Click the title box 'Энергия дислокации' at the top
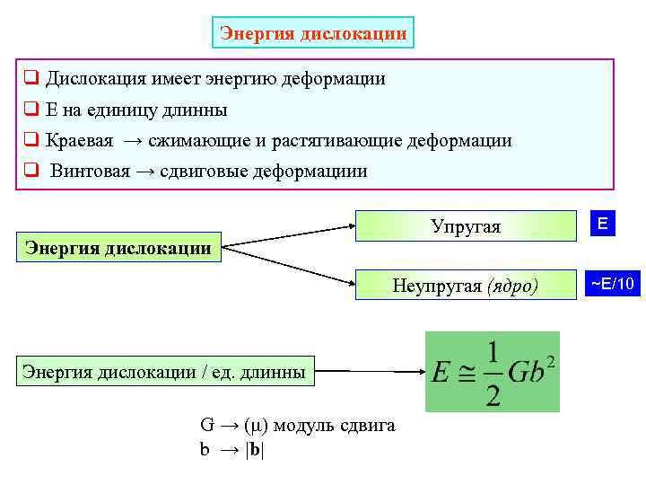click(313, 33)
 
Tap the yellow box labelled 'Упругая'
click(466, 226)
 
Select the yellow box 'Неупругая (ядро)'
click(466, 286)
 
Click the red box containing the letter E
click(605, 225)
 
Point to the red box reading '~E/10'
click(613, 285)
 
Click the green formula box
click(492, 372)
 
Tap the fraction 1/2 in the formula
click(492, 372)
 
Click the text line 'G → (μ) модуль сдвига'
click(296, 426)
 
